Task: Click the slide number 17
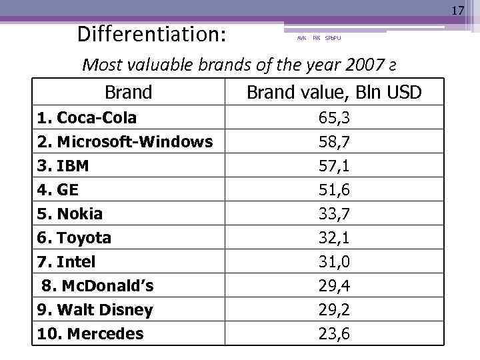[457, 11]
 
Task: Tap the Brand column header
[128, 92]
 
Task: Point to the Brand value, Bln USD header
[334, 92]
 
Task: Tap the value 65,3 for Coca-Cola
[334, 118]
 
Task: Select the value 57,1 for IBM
[334, 165]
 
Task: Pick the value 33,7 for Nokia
[334, 214]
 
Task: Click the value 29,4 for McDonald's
[334, 286]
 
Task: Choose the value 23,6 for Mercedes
[334, 334]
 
